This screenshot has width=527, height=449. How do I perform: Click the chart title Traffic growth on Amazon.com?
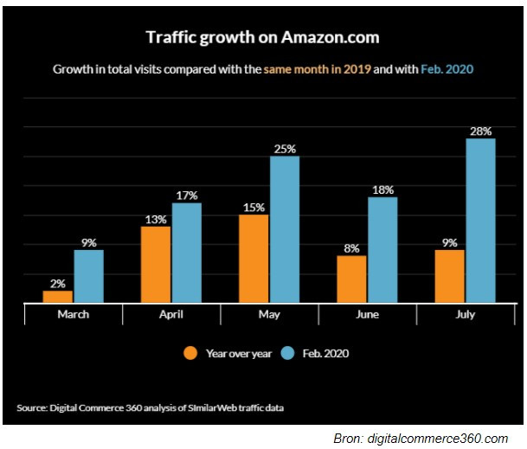point(262,37)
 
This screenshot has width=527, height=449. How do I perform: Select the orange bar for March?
point(58,297)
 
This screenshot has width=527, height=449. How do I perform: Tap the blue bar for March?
point(88,276)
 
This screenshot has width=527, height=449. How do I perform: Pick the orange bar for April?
point(157,265)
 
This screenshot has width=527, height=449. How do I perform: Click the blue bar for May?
point(285,229)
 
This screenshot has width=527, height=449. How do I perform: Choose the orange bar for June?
point(352,279)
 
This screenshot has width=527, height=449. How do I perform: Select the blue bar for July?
point(480,221)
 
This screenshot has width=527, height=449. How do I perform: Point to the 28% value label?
point(480,131)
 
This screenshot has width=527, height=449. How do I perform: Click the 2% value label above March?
point(57,283)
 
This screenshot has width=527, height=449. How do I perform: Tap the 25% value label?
point(285,148)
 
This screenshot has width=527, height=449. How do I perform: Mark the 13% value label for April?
point(157,219)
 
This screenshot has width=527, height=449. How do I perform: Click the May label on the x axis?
point(269,315)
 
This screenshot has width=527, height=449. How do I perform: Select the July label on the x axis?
point(465,315)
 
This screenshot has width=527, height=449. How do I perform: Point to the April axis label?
point(171,315)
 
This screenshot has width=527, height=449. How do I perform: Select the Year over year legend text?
point(238,353)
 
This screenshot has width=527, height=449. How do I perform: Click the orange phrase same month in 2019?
point(318,67)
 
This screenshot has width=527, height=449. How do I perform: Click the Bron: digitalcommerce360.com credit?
point(421,439)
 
